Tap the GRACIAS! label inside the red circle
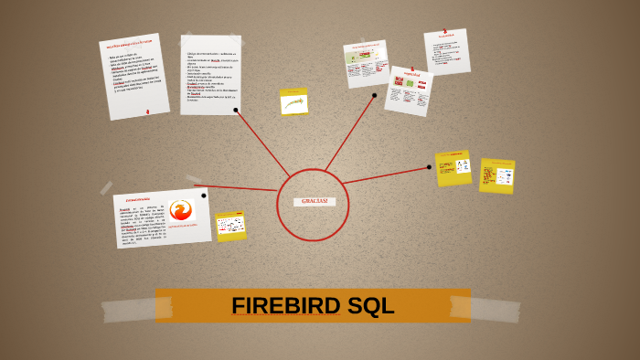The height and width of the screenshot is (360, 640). [x=314, y=201]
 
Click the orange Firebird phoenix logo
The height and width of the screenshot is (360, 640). [x=181, y=211]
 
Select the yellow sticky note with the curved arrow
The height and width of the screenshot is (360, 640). [x=293, y=102]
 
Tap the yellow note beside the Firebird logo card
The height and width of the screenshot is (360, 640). [x=230, y=225]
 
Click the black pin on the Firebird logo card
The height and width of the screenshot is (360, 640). [x=204, y=195]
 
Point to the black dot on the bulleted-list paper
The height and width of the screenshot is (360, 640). [x=236, y=110]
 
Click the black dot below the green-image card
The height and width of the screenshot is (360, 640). [x=374, y=95]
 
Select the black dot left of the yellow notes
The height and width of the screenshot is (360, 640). [x=429, y=166]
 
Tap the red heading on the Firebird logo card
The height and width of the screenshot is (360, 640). [x=138, y=198]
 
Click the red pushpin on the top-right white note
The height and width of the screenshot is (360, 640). [x=445, y=32]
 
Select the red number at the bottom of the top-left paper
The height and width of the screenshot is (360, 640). [x=147, y=111]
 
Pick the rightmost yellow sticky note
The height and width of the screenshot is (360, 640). [x=497, y=175]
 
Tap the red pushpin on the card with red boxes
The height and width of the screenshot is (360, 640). [x=411, y=69]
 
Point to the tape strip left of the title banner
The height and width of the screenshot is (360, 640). [x=127, y=309]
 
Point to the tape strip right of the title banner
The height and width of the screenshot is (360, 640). [x=498, y=308]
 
